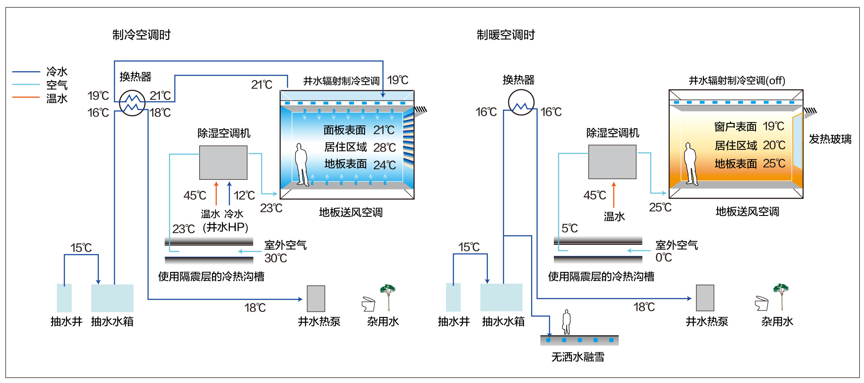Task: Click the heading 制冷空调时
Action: click(141, 35)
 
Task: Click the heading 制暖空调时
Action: click(506, 35)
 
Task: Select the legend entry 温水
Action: click(57, 98)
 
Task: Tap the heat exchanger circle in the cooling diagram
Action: click(132, 103)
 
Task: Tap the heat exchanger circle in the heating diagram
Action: click(521, 102)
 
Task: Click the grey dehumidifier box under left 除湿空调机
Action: click(223, 162)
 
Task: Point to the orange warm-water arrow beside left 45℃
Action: click(216, 193)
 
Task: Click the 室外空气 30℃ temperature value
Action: click(276, 258)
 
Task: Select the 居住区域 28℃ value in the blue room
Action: click(384, 148)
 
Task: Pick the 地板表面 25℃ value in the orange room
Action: click(774, 164)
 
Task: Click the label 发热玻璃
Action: click(830, 139)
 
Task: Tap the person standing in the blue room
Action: click(301, 165)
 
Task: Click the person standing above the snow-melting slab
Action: click(566, 322)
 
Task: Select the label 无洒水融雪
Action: click(578, 357)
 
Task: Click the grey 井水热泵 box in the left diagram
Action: click(316, 298)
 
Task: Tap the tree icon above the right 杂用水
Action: click(781, 297)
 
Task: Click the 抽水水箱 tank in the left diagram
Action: click(112, 298)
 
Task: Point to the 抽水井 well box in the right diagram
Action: click(453, 297)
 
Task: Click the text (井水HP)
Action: click(226, 227)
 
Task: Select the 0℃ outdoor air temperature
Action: click(664, 258)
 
